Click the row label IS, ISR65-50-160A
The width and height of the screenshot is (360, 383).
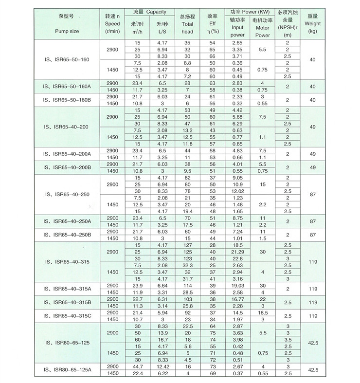[x=65, y=87]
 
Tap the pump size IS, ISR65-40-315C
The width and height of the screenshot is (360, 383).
[x=65, y=315]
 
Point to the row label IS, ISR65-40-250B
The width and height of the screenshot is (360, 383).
[x=65, y=235]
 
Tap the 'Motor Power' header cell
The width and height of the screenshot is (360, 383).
[x=262, y=28]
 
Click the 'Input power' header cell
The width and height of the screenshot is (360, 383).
[x=237, y=28]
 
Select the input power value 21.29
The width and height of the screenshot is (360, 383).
[x=237, y=252]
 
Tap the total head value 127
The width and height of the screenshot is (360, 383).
[x=187, y=245]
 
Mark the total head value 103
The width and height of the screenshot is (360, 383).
[x=187, y=299]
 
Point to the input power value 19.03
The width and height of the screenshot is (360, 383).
[x=237, y=285]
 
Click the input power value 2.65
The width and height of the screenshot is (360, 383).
[x=237, y=43]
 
